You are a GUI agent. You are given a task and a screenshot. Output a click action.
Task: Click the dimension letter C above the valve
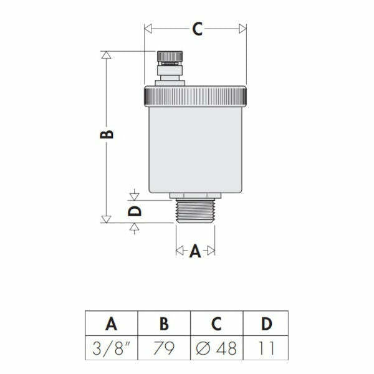click(197, 29)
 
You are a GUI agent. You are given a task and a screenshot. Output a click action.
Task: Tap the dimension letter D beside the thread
click(135, 211)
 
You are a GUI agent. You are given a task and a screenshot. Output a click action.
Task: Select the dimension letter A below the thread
click(195, 251)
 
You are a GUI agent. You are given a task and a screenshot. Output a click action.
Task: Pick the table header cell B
click(164, 324)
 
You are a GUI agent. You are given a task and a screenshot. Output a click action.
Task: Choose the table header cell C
click(216, 324)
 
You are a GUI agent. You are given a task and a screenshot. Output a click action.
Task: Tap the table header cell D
click(267, 324)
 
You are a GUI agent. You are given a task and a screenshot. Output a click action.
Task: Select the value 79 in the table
click(164, 347)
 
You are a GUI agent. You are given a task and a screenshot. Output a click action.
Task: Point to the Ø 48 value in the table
click(216, 347)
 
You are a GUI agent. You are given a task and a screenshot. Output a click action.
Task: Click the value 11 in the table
click(267, 347)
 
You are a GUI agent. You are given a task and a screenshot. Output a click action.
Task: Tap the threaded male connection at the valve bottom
click(195, 211)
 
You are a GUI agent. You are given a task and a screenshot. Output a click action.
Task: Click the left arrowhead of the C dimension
click(148, 29)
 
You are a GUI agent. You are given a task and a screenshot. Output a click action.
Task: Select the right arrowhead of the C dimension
click(242, 29)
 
